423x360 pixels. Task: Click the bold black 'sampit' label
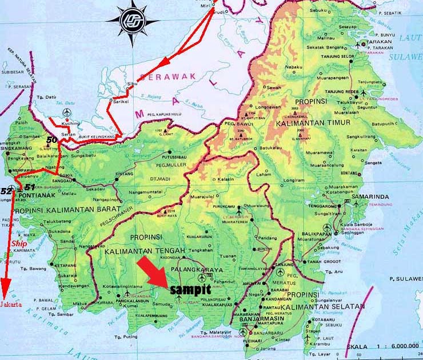[x=190, y=290]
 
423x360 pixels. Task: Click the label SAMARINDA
[x=372, y=197]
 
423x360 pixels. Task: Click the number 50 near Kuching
[x=52, y=139]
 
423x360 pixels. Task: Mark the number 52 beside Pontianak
[x=6, y=190]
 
